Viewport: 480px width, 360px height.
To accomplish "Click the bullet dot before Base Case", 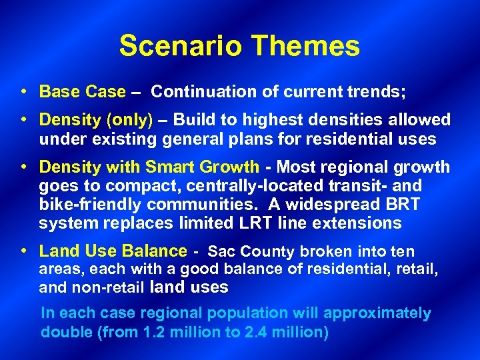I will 23,91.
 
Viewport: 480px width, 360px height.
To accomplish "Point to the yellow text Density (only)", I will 96,120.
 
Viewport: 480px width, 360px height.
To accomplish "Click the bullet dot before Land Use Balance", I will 23,251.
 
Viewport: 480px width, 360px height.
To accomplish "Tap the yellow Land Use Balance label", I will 113,251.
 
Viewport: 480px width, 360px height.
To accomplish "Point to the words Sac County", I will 251,251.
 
